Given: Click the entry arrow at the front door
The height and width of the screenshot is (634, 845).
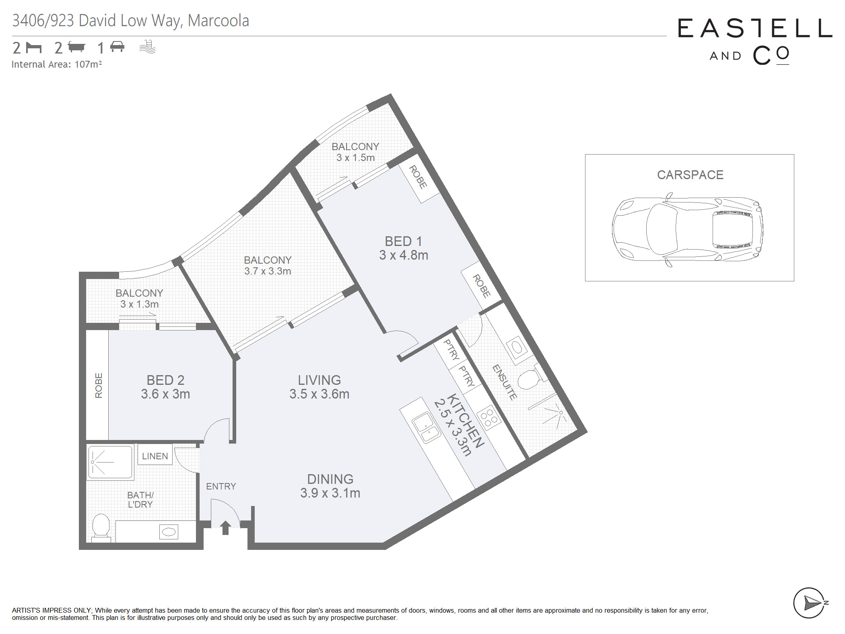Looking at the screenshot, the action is pyautogui.click(x=225, y=528).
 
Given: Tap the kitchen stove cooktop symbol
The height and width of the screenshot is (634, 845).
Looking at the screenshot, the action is pyautogui.click(x=488, y=417).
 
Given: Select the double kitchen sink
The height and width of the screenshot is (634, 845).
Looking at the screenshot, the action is pyautogui.click(x=426, y=428).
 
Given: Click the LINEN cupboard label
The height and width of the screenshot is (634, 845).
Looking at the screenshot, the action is pyautogui.click(x=155, y=456).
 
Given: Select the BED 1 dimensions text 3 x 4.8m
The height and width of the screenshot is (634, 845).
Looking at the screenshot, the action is pyautogui.click(x=404, y=255).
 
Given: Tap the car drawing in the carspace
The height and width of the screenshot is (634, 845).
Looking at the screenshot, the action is pyautogui.click(x=687, y=229).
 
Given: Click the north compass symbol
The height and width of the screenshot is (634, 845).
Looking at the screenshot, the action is pyautogui.click(x=810, y=603).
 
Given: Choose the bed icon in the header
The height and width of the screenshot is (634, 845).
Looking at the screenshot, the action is pyautogui.click(x=34, y=47).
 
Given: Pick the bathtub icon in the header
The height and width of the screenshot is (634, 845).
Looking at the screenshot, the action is pyautogui.click(x=76, y=47).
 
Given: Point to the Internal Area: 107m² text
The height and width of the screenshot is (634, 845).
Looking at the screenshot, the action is pyautogui.click(x=57, y=64).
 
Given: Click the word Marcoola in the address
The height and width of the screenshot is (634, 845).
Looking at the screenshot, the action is pyautogui.click(x=218, y=21).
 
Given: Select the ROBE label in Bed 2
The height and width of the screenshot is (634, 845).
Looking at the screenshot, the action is pyautogui.click(x=99, y=385).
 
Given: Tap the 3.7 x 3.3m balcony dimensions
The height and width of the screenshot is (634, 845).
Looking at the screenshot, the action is pyautogui.click(x=268, y=271).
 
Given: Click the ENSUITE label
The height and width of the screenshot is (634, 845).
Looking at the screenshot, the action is pyautogui.click(x=505, y=382).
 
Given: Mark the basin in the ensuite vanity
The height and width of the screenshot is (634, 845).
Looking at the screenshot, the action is pyautogui.click(x=517, y=347).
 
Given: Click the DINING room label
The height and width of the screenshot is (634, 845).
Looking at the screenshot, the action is pyautogui.click(x=330, y=479).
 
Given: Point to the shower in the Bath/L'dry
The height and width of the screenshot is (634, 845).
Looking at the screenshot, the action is pyautogui.click(x=110, y=462).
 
